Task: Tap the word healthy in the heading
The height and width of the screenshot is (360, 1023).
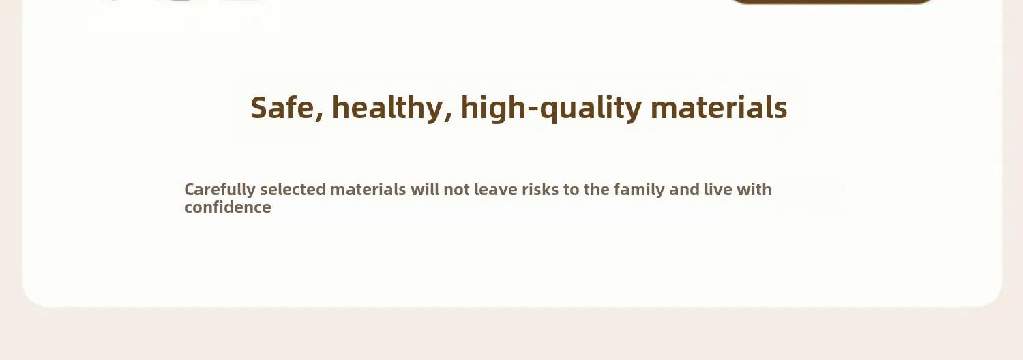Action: pyautogui.click(x=387, y=108)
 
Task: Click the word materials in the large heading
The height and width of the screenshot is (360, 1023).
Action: pyautogui.click(x=719, y=108)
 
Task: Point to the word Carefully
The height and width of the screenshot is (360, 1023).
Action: pyautogui.click(x=220, y=190)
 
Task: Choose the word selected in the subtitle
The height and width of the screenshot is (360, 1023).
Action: pyautogui.click(x=293, y=189)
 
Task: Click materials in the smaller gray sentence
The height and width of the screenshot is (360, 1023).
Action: pyautogui.click(x=368, y=189)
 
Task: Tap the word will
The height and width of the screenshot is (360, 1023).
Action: pyautogui.click(x=425, y=189)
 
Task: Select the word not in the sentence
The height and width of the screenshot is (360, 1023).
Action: pyautogui.click(x=457, y=190)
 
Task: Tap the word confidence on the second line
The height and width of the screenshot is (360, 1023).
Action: pyautogui.click(x=227, y=207)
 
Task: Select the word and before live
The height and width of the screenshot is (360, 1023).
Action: pyautogui.click(x=684, y=189)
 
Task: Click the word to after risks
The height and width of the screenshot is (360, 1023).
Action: pyautogui.click(x=572, y=190)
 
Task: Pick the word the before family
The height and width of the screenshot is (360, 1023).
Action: pyautogui.click(x=597, y=189)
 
